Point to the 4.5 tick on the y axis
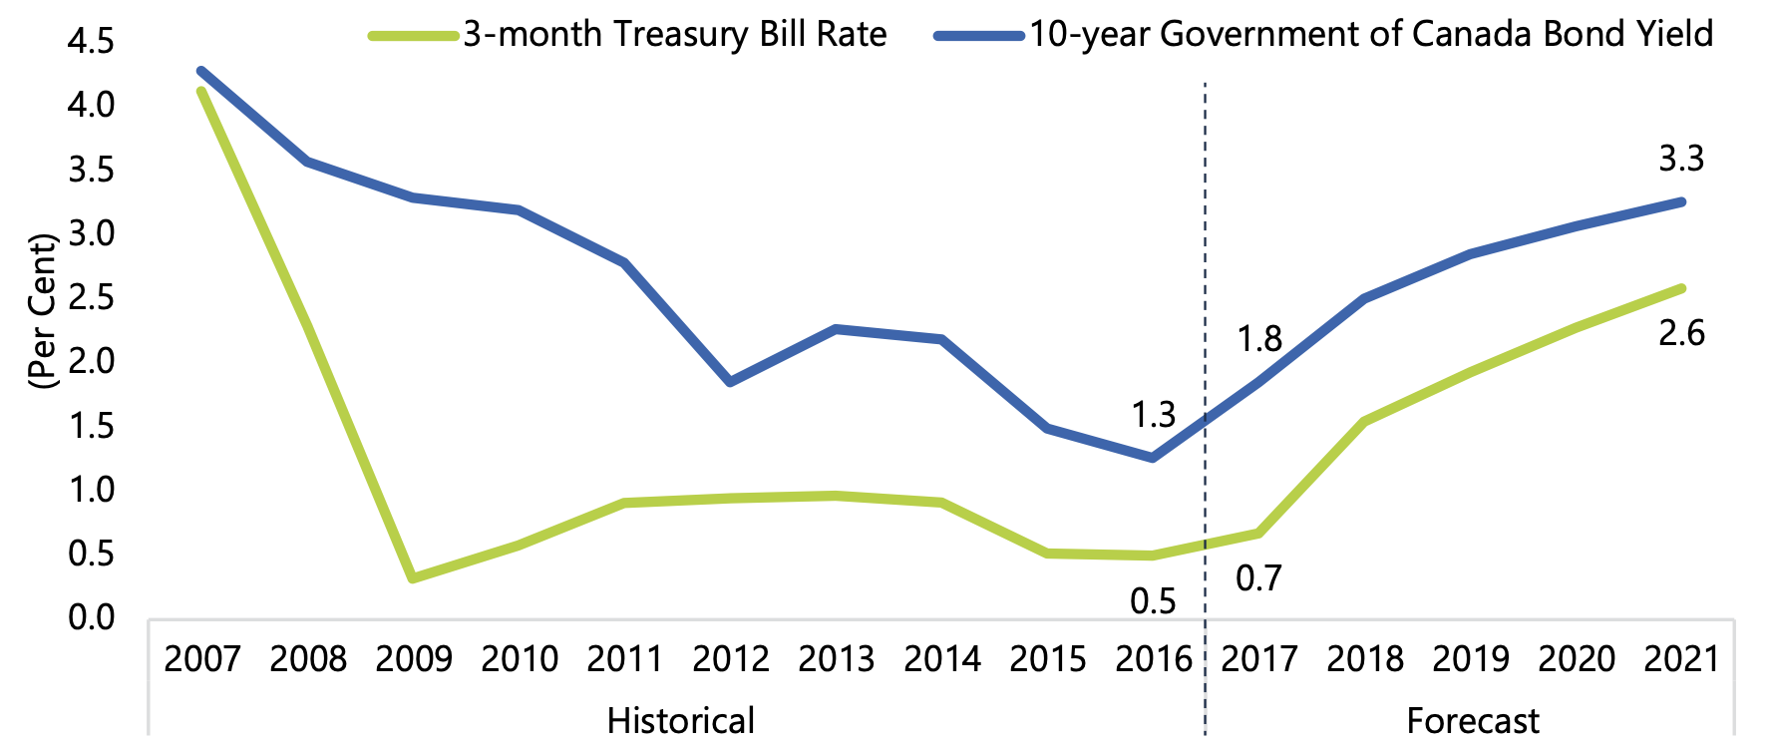91,42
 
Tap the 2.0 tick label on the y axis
91,361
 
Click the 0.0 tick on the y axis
91,617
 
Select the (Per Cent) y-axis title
43,311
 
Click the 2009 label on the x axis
414,659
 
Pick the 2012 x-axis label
731,659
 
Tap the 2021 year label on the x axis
1681,659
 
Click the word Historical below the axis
681,720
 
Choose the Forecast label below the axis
1473,720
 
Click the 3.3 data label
1681,159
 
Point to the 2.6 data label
1681,333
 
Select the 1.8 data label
1259,340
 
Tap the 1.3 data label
1154,415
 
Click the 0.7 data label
1258,578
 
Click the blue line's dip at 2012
731,382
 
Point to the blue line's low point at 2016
1154,458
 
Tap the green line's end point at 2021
1681,288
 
